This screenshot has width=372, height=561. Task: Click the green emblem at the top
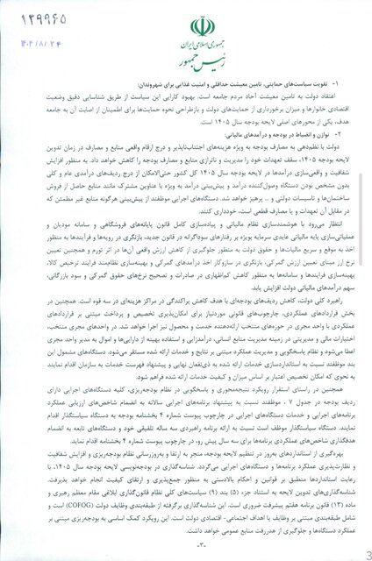186,24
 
